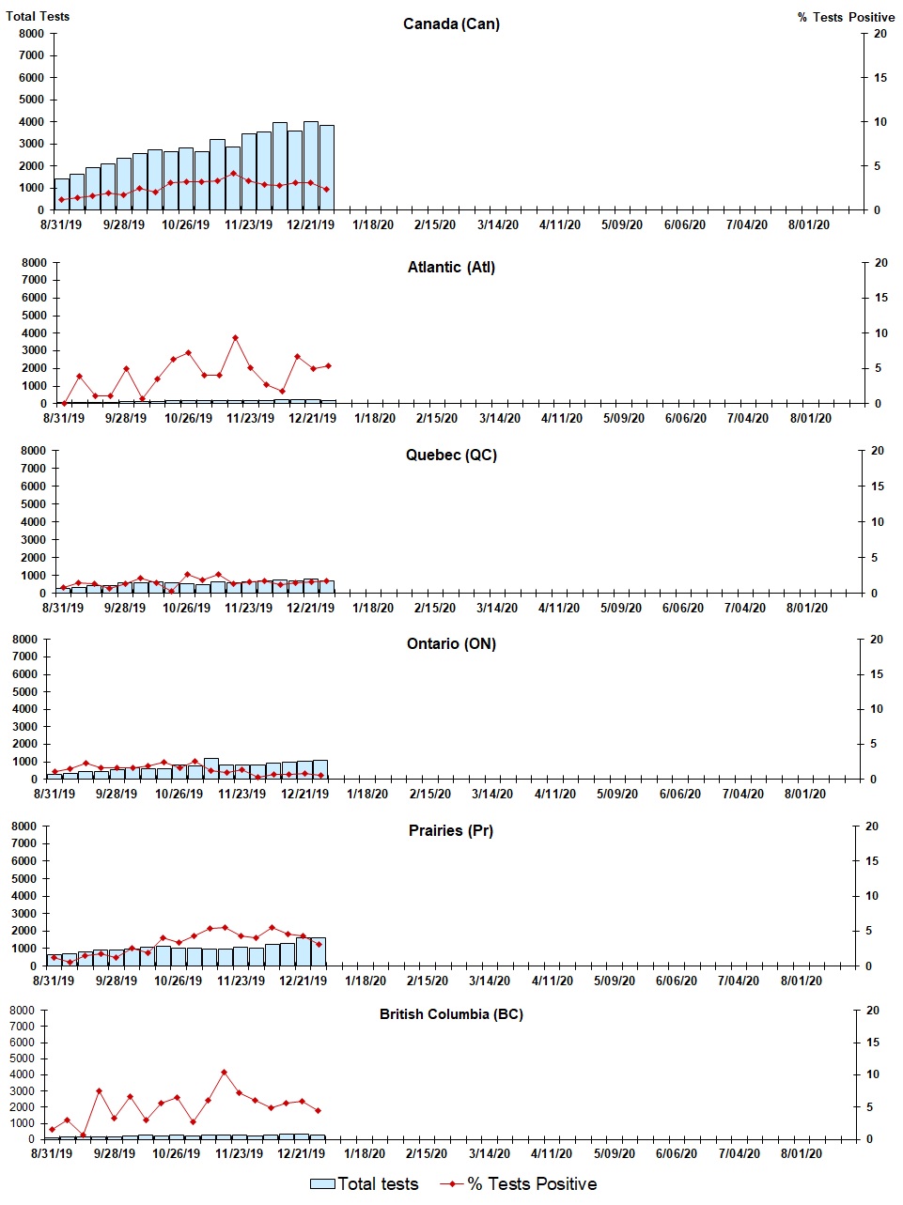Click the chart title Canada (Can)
coord(451,23)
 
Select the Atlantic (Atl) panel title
coord(451,268)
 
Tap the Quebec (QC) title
coord(451,456)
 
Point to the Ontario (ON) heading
coord(451,644)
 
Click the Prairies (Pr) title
coord(451,831)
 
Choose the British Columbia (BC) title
coord(451,1014)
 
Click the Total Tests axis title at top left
coord(38,16)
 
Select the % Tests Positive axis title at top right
coord(846,17)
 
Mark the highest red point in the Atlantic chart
coord(235,338)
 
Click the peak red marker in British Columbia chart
coord(224,1072)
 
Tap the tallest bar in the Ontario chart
coord(210,768)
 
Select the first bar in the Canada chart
coord(61,194)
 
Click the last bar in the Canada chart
coord(326,167)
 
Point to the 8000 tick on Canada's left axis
coord(31,34)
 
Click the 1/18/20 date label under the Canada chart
coord(373,225)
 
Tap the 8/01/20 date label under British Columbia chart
coord(801,1154)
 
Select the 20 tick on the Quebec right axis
coord(878,451)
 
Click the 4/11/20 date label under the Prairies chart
coord(552,981)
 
